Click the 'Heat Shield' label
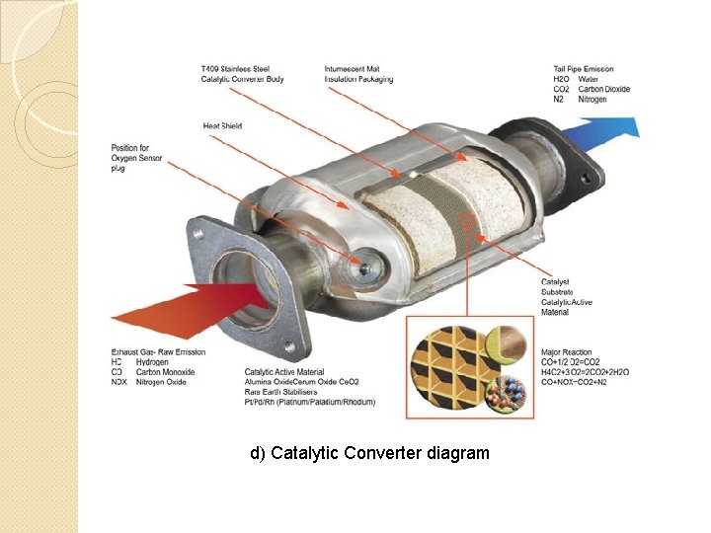222,126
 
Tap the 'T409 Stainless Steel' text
234,69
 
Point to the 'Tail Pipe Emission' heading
583,69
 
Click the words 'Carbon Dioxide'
603,89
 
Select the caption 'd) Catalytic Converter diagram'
369,453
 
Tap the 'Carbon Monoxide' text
165,372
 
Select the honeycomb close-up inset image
468,368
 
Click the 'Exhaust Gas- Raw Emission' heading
158,352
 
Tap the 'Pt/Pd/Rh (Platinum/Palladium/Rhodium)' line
309,402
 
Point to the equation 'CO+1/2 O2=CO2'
571,362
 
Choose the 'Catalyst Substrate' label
556,287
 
